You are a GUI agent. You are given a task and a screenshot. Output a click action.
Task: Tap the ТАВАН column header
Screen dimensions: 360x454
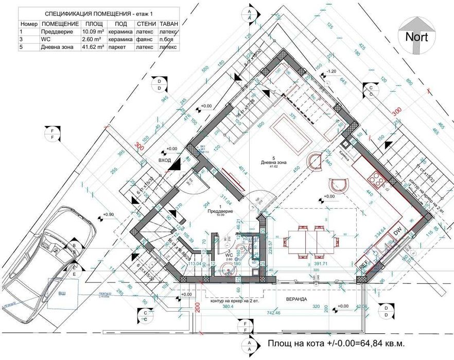coord(169,24)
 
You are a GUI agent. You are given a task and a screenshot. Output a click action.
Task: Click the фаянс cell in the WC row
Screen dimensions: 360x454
coord(145,39)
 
